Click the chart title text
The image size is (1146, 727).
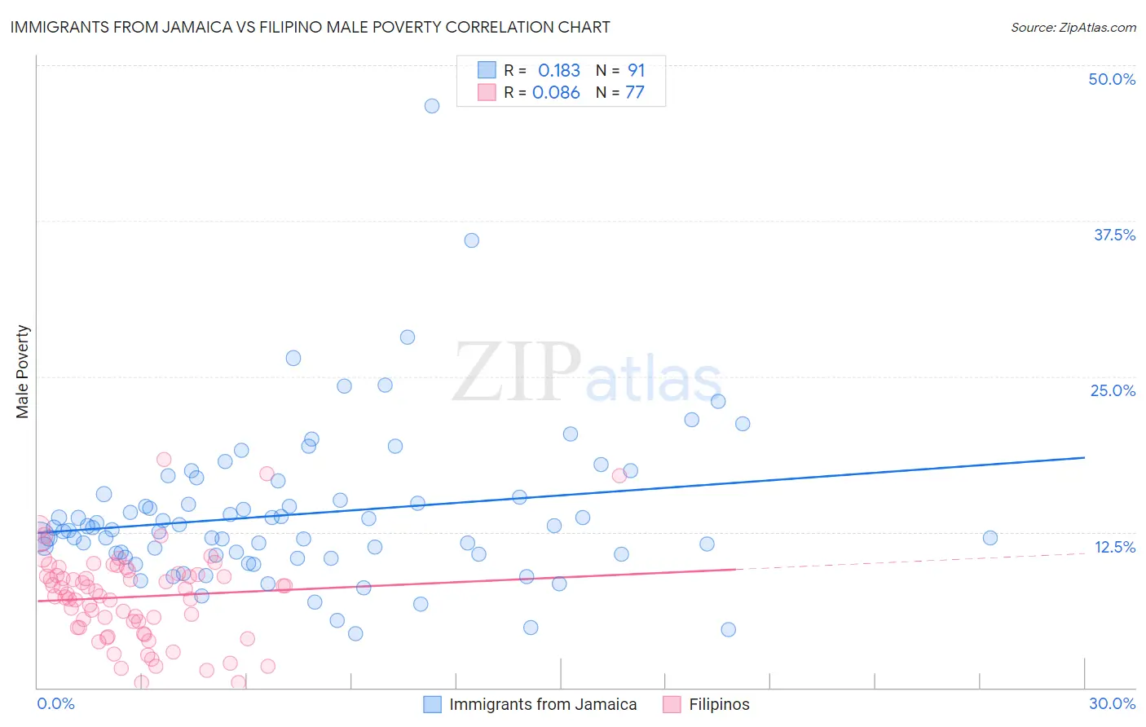[310, 27]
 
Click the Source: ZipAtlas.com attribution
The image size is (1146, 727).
[1073, 27]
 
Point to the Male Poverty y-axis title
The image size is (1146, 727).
[23, 372]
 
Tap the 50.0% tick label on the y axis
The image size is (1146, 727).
[1112, 79]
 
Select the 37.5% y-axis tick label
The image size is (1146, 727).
[1114, 235]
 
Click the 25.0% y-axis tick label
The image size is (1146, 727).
[1113, 390]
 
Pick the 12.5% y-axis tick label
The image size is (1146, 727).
[1114, 547]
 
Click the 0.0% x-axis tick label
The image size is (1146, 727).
[55, 703]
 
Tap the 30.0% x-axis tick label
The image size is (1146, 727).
[1112, 703]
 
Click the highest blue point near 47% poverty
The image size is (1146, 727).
[432, 106]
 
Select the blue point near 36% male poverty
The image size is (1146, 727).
[471, 240]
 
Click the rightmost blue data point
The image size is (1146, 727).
[990, 538]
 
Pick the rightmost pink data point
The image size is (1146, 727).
[619, 476]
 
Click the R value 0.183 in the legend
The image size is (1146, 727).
[558, 70]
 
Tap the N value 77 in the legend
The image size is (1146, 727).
[634, 93]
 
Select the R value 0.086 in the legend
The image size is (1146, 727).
[556, 93]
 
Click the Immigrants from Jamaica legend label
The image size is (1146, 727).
[543, 704]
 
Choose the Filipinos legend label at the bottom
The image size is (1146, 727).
[719, 704]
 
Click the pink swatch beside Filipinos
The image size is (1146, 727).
[672, 704]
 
